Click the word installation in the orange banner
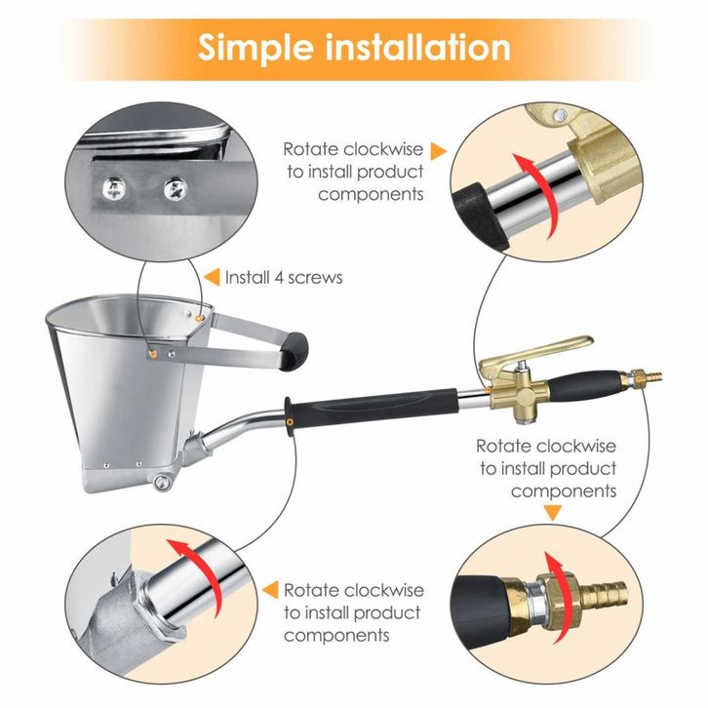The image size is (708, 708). tap(417, 47)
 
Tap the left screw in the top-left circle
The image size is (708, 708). tap(114, 189)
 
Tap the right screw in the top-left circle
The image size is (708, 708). tap(176, 189)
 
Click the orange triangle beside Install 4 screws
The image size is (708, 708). tap(212, 277)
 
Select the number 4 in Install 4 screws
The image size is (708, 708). tap(280, 278)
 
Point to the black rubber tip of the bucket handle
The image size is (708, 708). tap(294, 351)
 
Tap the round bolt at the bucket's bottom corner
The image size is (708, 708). tap(162, 482)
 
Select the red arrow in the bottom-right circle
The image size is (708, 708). tap(560, 596)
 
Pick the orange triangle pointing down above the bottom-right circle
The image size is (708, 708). tap(552, 513)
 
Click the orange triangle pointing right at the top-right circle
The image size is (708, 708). tap(438, 151)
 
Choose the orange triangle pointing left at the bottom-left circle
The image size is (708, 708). tap(270, 590)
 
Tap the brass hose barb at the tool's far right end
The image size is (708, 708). tap(652, 375)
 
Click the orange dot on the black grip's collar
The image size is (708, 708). tap(290, 422)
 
